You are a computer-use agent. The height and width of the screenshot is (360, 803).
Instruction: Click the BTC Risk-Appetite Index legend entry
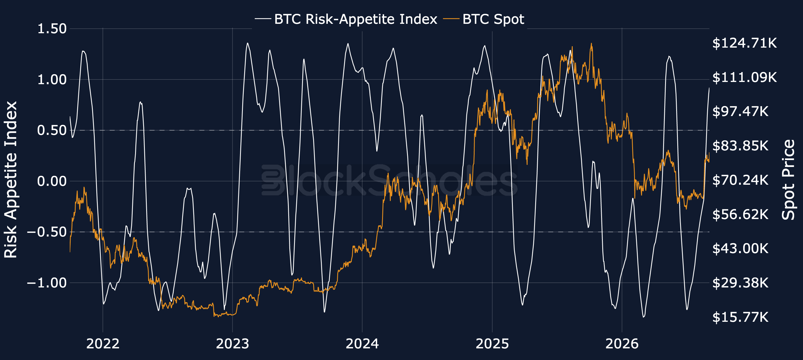point(346,19)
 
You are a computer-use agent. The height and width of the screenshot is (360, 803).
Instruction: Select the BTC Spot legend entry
point(484,19)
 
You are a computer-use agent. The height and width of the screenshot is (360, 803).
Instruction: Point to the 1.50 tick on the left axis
point(52,29)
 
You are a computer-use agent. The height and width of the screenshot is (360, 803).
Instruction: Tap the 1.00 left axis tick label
point(52,79)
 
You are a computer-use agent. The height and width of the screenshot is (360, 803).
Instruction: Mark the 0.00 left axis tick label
point(52,181)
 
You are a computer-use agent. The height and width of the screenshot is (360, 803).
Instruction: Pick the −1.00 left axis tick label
point(47,283)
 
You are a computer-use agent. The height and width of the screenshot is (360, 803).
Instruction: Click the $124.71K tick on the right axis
point(744,43)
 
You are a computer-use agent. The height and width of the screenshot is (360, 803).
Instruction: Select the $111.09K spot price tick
point(744,77)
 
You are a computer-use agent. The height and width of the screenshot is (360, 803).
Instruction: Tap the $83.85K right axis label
point(740,146)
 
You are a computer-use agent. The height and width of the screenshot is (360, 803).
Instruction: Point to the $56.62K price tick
point(740,214)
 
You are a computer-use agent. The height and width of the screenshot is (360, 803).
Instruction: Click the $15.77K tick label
point(740,317)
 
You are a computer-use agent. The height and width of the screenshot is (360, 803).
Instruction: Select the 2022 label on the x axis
point(103,344)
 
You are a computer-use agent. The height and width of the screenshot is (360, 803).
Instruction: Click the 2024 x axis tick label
point(362,344)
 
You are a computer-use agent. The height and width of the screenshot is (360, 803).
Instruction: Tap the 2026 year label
point(622,344)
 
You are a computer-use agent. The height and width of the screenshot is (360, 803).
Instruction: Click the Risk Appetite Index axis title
point(11,179)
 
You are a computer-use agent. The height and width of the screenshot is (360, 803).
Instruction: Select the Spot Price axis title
point(789,180)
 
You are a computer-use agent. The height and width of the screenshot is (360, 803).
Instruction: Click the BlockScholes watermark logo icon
point(273,180)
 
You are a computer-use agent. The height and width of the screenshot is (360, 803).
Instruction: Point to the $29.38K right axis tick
point(740,283)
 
